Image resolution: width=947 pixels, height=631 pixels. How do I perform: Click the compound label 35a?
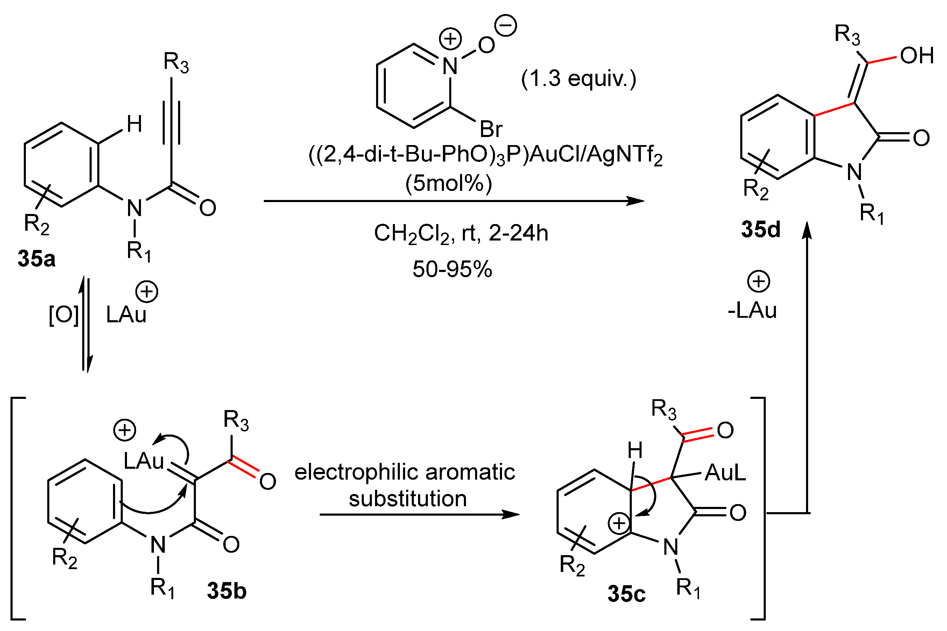(x=37, y=259)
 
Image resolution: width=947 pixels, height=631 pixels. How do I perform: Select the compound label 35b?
(x=227, y=591)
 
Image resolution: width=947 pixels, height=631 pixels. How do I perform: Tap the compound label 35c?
(x=627, y=594)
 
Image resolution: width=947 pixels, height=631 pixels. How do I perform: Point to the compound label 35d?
(x=761, y=229)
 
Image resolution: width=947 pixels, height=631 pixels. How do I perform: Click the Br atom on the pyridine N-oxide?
(x=491, y=130)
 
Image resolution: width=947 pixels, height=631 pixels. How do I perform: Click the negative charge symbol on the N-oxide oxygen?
(x=506, y=26)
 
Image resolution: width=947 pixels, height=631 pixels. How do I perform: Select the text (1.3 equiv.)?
(x=579, y=78)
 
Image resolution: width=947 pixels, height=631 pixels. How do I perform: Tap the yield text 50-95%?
(x=452, y=269)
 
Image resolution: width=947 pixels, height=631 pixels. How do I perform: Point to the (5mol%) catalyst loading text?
(x=448, y=183)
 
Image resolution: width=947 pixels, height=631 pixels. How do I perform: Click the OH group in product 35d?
(x=917, y=56)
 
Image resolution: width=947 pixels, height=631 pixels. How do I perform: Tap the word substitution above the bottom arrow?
(x=408, y=499)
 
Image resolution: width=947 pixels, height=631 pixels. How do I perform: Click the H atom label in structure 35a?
(x=134, y=124)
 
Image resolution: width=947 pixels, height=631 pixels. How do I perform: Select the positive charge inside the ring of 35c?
(x=619, y=523)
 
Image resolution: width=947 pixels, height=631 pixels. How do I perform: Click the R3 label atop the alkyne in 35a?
(x=176, y=63)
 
